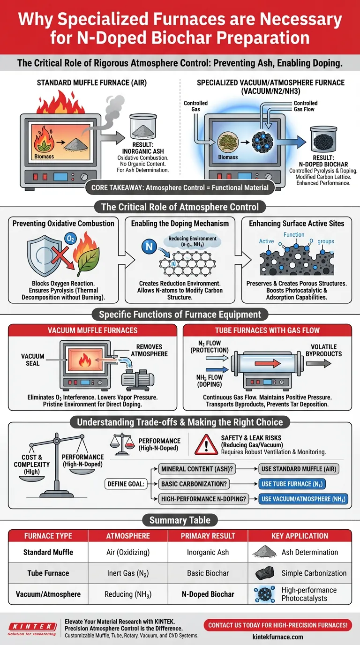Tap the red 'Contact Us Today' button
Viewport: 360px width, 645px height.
coord(278,625)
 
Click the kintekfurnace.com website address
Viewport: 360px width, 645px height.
coord(278,637)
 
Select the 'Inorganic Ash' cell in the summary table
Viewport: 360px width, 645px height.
coord(207,552)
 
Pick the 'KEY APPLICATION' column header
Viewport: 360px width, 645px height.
coord(300,535)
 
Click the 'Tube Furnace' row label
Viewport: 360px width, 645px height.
coord(48,573)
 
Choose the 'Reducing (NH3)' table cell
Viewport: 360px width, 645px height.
coord(127,594)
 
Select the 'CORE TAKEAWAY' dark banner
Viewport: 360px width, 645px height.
coord(180,188)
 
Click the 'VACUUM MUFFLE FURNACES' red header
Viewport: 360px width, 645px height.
coord(93,330)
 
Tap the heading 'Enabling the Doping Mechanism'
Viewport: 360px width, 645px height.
coord(180,223)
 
